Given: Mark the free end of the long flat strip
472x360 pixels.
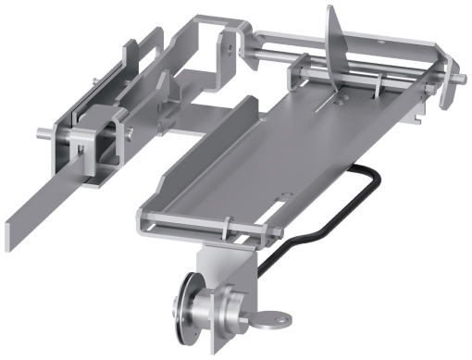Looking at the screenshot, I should coord(20,237).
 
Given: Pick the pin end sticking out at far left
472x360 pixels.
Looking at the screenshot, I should coord(42,132).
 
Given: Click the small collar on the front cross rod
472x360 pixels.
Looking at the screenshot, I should coord(226,225).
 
